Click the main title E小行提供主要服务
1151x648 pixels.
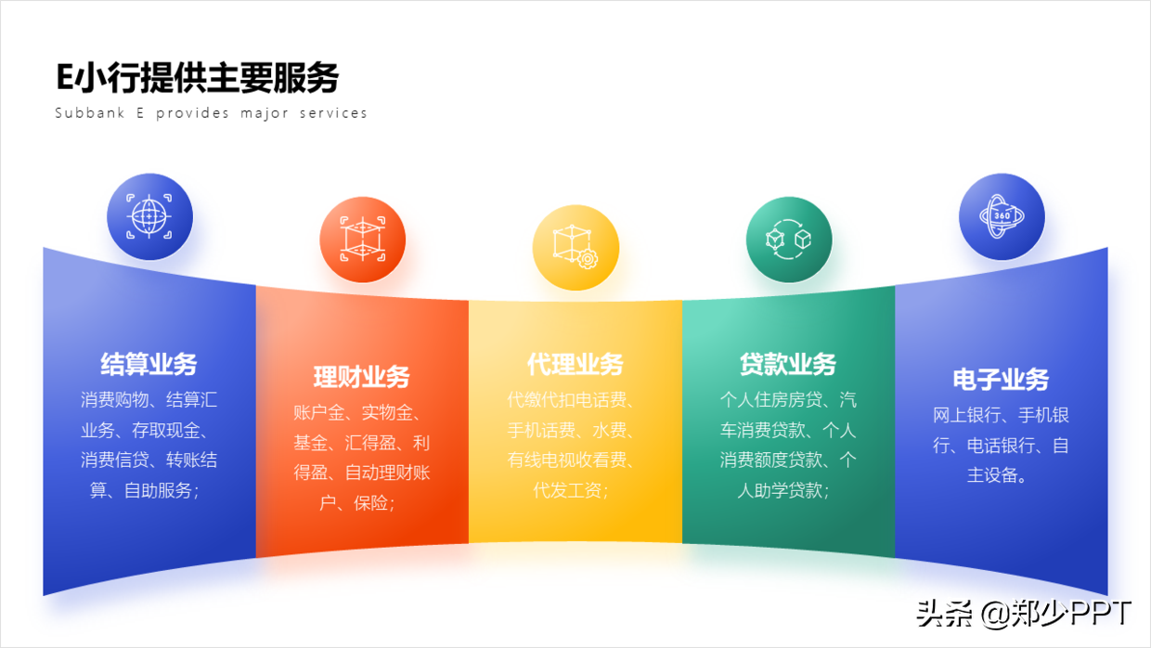[x=198, y=78]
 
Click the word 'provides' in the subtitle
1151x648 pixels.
[x=192, y=113]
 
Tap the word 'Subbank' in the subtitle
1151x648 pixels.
[x=90, y=112]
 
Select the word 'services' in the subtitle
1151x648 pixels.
[x=333, y=112]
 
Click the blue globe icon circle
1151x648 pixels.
[x=149, y=216]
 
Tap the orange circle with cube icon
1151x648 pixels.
[x=362, y=240]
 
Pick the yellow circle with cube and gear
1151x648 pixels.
[x=575, y=248]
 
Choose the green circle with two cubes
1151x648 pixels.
[x=789, y=240]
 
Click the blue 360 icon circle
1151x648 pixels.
[x=1002, y=216]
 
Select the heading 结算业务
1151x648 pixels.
[x=149, y=364]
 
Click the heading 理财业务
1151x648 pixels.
[x=362, y=377]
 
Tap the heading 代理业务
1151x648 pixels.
[x=575, y=364]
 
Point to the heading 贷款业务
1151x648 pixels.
[x=788, y=364]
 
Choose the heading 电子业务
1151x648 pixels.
[x=1001, y=380]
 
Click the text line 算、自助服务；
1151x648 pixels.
[x=145, y=490]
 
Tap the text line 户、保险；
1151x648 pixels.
[x=357, y=502]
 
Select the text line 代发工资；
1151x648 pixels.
[x=571, y=490]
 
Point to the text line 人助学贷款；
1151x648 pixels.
[x=783, y=490]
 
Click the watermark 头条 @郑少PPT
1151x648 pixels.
[x=1024, y=614]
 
